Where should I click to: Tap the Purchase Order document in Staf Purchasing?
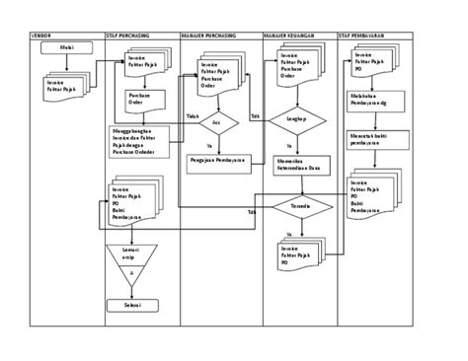click(139, 100)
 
